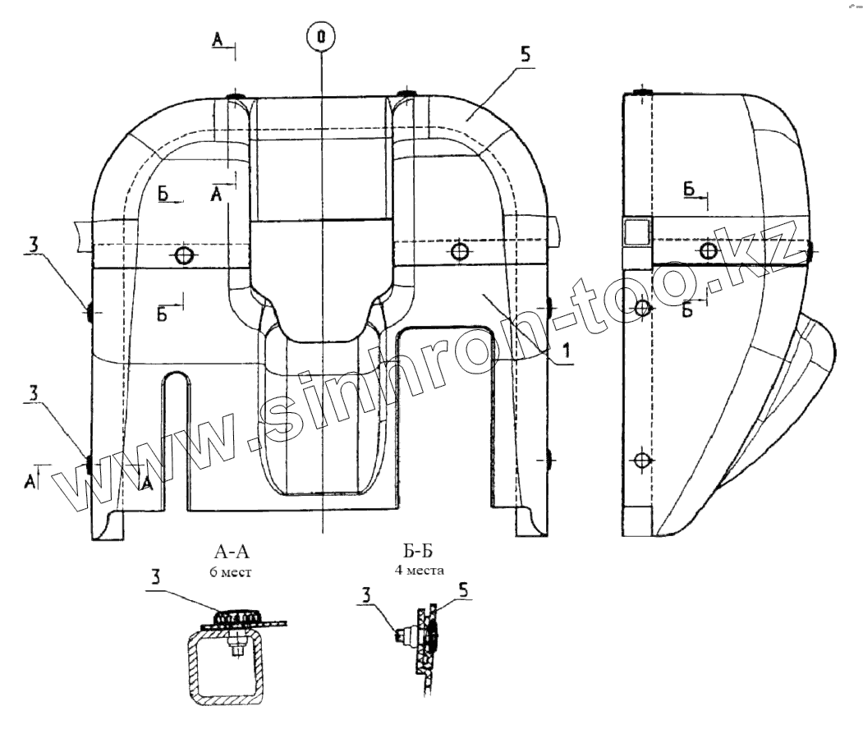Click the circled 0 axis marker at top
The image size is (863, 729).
point(322,36)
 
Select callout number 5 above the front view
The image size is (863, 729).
point(526,55)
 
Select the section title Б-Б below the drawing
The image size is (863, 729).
point(420,554)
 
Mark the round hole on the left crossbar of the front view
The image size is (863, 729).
point(184,255)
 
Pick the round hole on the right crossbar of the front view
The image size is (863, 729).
point(460,250)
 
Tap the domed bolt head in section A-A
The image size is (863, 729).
point(238,616)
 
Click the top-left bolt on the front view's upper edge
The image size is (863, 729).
point(236,97)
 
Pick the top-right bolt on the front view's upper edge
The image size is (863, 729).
point(406,94)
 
